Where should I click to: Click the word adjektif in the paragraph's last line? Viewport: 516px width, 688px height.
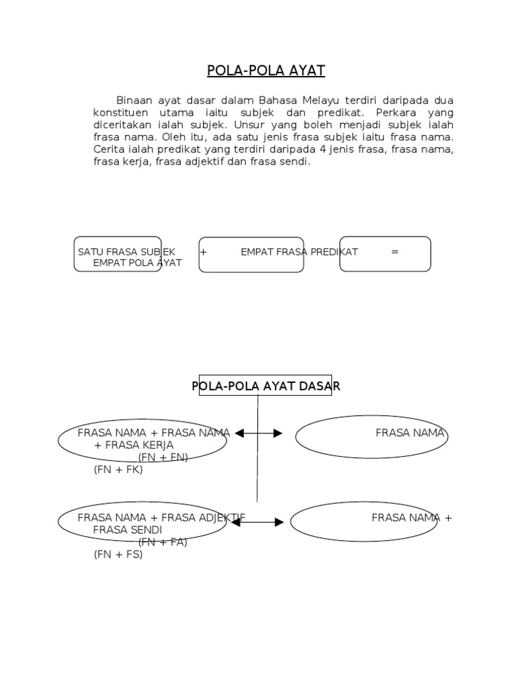pos(200,162)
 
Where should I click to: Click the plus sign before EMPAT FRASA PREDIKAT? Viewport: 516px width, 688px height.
pos(202,252)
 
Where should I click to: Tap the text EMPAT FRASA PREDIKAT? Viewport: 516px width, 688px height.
pos(299,252)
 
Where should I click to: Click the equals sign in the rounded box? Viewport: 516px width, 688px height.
pos(394,252)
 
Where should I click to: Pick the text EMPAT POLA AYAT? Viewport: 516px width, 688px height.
pos(138,263)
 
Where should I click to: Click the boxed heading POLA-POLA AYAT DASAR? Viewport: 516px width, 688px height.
pos(266,386)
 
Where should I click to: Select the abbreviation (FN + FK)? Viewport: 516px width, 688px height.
pos(118,470)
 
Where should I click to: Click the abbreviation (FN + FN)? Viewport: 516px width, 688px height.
pos(163,458)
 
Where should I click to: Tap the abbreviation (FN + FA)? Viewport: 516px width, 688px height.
pos(163,542)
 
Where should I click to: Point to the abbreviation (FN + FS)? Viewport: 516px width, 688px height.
pos(118,555)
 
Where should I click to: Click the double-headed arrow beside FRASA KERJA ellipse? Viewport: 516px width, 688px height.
pos(259,434)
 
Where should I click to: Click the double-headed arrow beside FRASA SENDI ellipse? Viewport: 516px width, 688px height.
pos(258,521)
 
